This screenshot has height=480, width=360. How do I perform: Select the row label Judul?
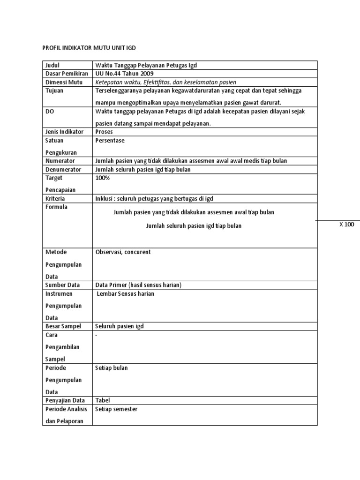53,65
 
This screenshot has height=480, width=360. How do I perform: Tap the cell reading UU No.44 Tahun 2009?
124,74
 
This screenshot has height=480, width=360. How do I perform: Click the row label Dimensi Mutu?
64,82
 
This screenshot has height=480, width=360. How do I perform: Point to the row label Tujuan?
54,90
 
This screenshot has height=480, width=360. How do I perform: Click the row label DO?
50,111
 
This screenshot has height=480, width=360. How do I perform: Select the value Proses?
104,132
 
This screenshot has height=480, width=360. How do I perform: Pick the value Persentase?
110,140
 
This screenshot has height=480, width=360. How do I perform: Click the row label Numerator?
60,161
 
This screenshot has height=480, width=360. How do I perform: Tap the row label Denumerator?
63,169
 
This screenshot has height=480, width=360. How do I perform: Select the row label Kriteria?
56,199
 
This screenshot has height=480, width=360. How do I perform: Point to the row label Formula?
56,207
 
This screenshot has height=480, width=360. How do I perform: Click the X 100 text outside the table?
347,225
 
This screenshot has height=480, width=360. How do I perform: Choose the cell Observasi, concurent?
123,252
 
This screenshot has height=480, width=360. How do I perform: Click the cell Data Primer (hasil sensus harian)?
138,285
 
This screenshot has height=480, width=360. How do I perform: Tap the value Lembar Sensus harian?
125,293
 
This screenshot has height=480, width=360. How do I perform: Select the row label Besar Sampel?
63,326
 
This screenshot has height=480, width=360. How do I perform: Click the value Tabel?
103,400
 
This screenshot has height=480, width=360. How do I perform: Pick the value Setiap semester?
116,409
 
